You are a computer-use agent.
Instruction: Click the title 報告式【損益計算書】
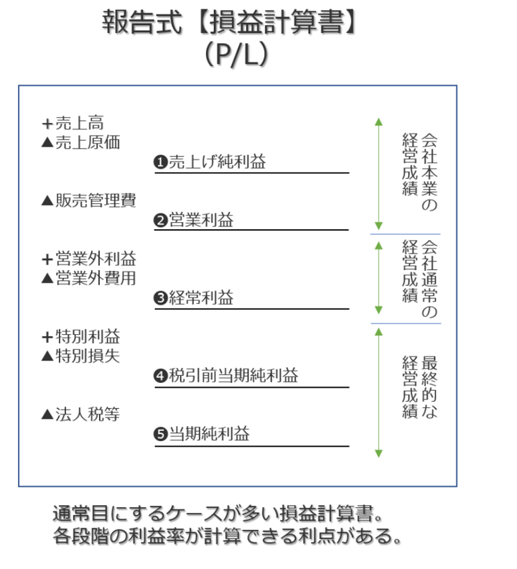click(x=229, y=22)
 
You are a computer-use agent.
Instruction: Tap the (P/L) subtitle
click(x=236, y=55)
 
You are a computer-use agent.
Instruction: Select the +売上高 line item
click(x=73, y=123)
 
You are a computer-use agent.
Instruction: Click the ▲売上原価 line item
click(x=80, y=142)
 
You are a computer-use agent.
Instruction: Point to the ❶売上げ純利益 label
click(x=210, y=162)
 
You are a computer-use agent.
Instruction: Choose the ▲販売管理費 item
click(x=89, y=200)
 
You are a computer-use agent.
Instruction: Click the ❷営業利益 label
click(x=193, y=220)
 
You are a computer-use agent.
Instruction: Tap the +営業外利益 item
click(x=89, y=259)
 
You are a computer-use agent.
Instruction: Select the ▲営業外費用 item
click(x=89, y=278)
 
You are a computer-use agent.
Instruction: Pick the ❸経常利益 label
click(x=193, y=298)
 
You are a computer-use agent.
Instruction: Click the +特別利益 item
click(x=81, y=336)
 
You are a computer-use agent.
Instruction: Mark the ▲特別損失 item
click(x=80, y=356)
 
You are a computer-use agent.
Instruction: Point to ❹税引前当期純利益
click(x=225, y=375)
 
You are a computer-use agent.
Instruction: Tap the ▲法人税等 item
click(x=80, y=414)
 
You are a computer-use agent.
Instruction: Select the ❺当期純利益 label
click(x=202, y=434)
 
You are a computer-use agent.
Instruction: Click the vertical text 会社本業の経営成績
click(x=420, y=172)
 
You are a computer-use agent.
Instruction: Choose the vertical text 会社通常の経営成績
click(x=420, y=279)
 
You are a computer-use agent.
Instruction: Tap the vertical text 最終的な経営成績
click(x=420, y=387)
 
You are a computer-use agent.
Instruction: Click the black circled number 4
click(x=160, y=376)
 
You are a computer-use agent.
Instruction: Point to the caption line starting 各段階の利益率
click(x=227, y=536)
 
